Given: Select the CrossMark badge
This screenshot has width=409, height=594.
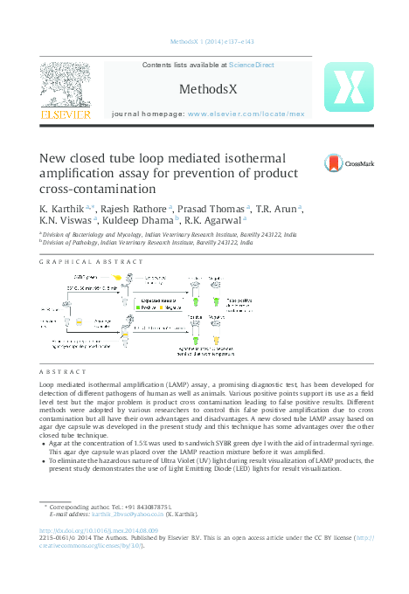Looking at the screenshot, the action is [x=350, y=163].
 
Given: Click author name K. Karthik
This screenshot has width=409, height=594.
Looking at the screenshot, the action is [x=60, y=210].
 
